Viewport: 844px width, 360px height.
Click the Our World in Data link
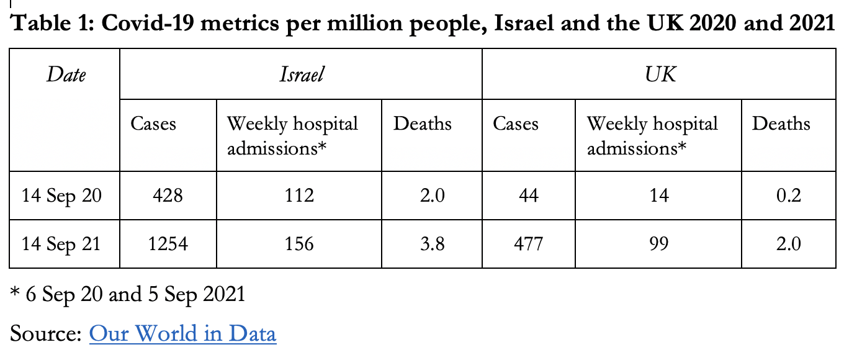182,334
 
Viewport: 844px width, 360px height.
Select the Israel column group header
301,75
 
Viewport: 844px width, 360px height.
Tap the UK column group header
660,75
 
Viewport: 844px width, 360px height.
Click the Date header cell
65,75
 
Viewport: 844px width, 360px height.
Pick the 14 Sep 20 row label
61,196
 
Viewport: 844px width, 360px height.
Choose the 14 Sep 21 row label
61,243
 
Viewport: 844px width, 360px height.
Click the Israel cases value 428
168,196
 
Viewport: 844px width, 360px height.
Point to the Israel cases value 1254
168,243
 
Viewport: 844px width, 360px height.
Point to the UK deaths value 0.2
788,196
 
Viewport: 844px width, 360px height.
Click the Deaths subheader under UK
781,124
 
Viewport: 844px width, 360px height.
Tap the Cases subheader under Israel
153,124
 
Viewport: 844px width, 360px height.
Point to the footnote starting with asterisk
128,294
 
